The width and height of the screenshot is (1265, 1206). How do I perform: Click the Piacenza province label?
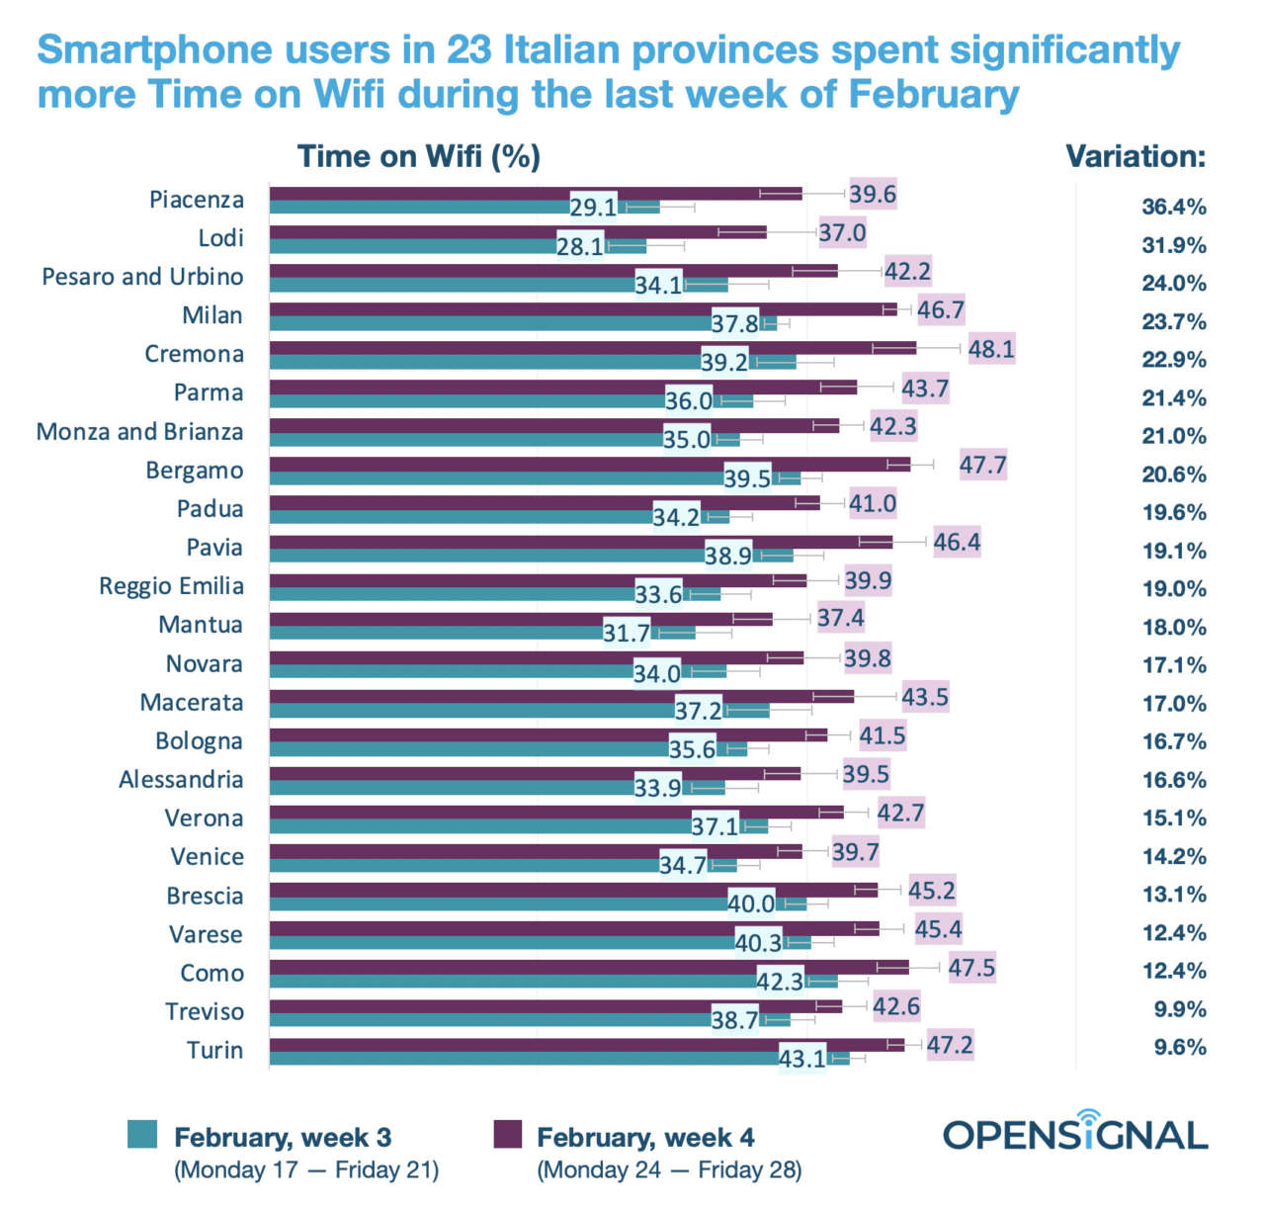point(196,200)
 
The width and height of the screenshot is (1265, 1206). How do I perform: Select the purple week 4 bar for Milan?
point(583,309)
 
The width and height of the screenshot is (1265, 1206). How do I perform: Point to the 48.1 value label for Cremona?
point(990,349)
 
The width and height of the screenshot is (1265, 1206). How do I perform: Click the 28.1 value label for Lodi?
point(580,246)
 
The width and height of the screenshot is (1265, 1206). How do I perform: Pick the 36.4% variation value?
point(1174,207)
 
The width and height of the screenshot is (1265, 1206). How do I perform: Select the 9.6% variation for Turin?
point(1180,1048)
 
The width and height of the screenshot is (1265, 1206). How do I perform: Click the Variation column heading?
point(1136,156)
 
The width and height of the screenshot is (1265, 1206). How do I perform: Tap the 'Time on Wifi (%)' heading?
point(419,156)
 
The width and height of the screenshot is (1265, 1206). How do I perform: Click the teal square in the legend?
point(142,1134)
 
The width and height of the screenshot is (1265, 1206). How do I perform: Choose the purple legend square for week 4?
point(507,1134)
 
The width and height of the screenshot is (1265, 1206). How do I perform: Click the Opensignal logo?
point(1075,1133)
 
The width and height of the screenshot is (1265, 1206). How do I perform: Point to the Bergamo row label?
point(194,471)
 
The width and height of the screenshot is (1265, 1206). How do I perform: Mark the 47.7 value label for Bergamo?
point(982,465)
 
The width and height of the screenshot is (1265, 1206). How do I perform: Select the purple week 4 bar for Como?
point(588,967)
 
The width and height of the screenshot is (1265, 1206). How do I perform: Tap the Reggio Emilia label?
point(171,586)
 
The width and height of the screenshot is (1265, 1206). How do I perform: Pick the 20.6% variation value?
point(1174,474)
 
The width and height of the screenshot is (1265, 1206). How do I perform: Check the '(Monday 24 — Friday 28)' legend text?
point(669,1170)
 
